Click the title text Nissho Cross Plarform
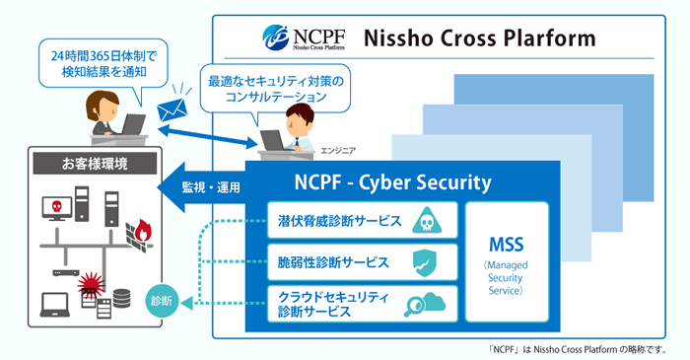(480, 38)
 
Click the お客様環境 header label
(94, 163)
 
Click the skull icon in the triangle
(429, 220)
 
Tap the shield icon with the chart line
(429, 262)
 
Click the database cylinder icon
(123, 297)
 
